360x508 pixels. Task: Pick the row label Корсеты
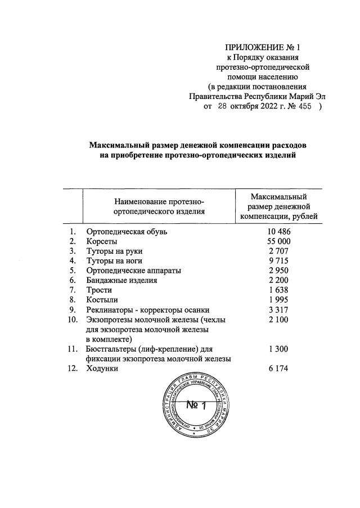coord(101,241)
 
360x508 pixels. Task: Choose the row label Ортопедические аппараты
coord(133,271)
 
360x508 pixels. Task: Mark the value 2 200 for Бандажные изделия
coord(278,280)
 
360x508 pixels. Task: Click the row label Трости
coord(98,290)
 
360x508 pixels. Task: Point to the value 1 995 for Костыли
coord(278,299)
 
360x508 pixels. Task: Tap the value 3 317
coord(278,309)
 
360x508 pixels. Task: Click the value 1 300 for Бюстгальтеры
coord(278,349)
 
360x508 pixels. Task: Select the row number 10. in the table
coord(71,320)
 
